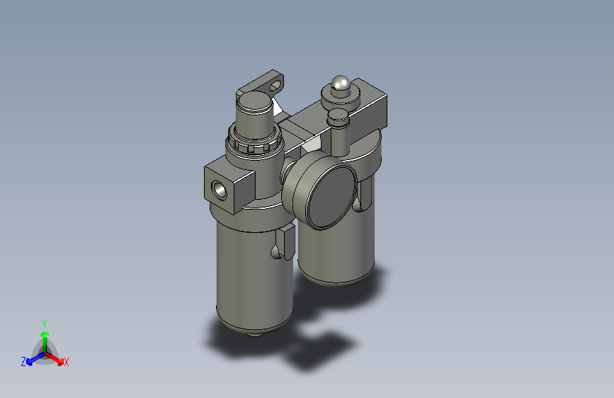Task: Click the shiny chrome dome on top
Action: click(x=340, y=84)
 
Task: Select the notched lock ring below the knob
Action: click(x=254, y=141)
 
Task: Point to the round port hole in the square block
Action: click(x=219, y=190)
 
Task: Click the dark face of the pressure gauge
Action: click(x=331, y=197)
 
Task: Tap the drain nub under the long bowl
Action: click(x=254, y=334)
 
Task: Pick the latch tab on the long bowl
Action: click(x=284, y=243)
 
